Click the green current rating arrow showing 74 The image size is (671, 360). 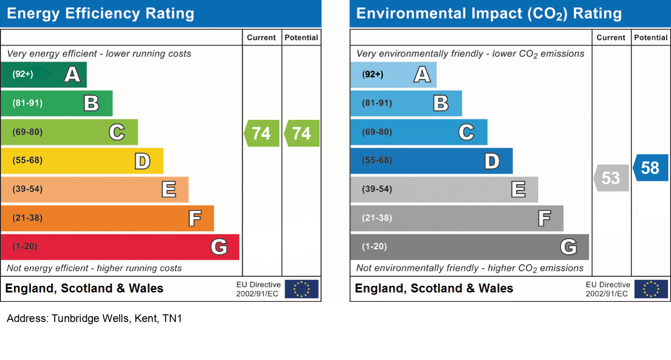262,133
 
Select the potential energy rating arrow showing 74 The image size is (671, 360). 302,133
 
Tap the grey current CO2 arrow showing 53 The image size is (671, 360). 612,178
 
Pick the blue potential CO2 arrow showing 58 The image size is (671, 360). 651,168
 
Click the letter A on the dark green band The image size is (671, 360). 72,74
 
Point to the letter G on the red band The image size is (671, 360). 219,247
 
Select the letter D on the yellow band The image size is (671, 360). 143,161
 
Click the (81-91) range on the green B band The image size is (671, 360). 28,103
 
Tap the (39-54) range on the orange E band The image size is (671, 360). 28,189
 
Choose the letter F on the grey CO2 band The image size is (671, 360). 544,219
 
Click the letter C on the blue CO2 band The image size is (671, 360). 466,132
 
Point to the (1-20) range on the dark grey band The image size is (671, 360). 375,246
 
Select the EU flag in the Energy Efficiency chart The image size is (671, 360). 302,289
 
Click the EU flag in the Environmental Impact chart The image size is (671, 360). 651,289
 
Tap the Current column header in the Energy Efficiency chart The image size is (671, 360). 262,38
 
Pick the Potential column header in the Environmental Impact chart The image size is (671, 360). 651,38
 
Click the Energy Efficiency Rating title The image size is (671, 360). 101,13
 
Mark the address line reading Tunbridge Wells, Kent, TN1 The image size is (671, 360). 94,319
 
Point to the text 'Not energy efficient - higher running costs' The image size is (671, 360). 94,268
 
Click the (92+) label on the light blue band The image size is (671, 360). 372,74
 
